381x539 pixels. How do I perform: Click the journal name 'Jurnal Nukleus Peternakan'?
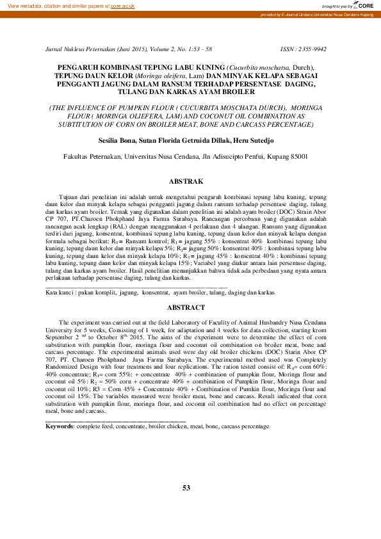pyautogui.click(x=77, y=49)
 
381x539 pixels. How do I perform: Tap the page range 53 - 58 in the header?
pyautogui.click(x=200, y=49)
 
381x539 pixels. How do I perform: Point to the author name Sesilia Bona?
pyautogui.click(x=117, y=140)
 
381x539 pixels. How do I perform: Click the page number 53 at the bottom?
pyautogui.click(x=186, y=488)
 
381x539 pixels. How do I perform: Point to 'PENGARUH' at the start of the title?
pyautogui.click(x=78, y=67)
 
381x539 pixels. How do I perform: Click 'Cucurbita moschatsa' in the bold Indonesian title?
pyautogui.click(x=257, y=67)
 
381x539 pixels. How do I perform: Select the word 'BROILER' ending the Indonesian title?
pyautogui.click(x=237, y=92)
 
